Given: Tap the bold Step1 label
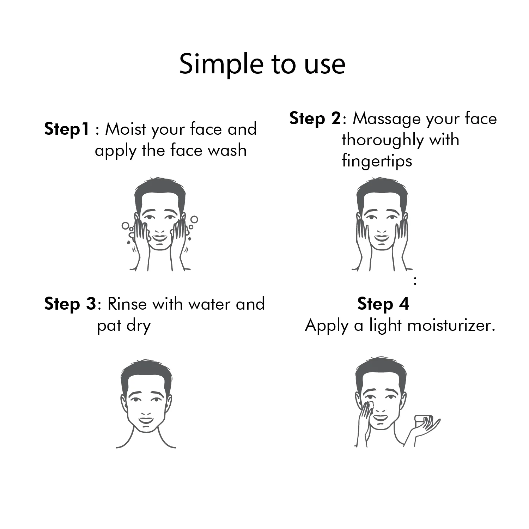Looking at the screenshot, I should click(66, 129).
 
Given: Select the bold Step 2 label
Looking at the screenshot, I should click(315, 118).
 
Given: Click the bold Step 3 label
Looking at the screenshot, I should click(70, 304).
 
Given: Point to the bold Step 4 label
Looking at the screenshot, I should click(383, 304).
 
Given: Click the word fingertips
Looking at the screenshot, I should click(377, 161).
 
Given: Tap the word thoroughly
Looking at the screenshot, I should click(383, 140).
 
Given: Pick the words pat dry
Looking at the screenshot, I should click(124, 326).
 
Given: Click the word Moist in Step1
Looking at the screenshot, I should click(126, 129).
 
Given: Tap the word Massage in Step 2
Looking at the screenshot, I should click(387, 119).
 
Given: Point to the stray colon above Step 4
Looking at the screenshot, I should click(415, 281).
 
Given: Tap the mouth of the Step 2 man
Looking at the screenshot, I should click(381, 237).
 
